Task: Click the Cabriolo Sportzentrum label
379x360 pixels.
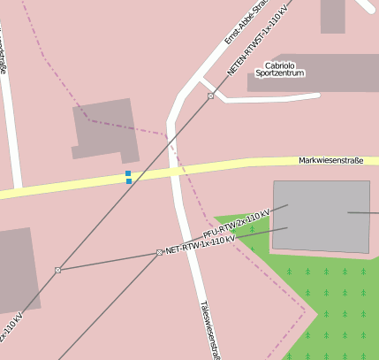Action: (x=279, y=69)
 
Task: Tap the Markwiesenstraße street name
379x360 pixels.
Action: (x=331, y=160)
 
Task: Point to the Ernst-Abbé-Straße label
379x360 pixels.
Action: (x=241, y=22)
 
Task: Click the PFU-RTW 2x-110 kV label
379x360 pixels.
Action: (x=236, y=220)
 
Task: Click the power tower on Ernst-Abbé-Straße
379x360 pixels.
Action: (x=210, y=96)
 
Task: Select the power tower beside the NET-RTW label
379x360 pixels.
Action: (x=159, y=252)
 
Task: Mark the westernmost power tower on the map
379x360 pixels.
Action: (x=57, y=270)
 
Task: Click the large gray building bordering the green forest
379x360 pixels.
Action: (x=321, y=216)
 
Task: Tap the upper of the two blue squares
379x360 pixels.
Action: (x=128, y=173)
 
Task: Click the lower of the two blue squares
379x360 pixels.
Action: (x=129, y=181)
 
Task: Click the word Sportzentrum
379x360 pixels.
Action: (x=279, y=73)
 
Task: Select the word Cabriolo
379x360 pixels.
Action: (x=279, y=65)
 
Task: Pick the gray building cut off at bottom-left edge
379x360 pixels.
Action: (x=18, y=270)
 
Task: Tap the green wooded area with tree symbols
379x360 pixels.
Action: (x=336, y=301)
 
